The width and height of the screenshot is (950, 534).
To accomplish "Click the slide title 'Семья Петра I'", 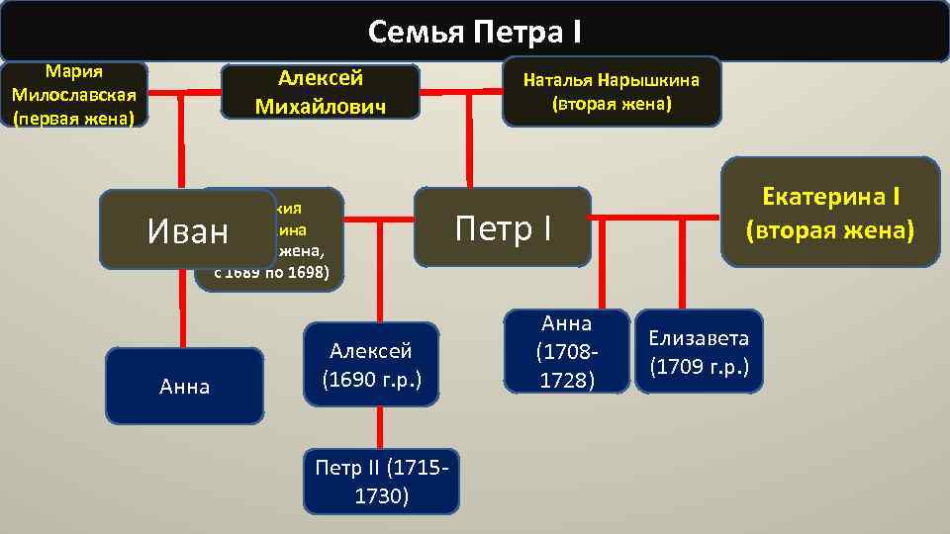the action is click(x=475, y=33).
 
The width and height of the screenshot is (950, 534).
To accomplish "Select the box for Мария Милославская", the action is click(x=74, y=96).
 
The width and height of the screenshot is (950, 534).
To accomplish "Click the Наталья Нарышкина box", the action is click(x=612, y=91).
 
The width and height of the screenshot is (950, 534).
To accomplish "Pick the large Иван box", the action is click(x=187, y=230).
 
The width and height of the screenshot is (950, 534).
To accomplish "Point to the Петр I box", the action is click(x=502, y=228).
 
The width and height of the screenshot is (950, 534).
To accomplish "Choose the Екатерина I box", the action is click(x=829, y=212).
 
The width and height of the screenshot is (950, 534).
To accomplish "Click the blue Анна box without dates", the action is click(x=185, y=387).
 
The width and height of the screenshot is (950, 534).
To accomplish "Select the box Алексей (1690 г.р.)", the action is click(x=371, y=365).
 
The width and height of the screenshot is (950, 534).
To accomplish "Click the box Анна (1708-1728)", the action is click(x=566, y=351).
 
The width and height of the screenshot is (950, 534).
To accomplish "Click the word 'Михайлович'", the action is click(x=320, y=106).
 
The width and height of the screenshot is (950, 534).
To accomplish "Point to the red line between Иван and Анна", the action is click(x=182, y=309).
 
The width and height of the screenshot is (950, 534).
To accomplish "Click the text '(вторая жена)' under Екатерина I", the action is click(x=829, y=230).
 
